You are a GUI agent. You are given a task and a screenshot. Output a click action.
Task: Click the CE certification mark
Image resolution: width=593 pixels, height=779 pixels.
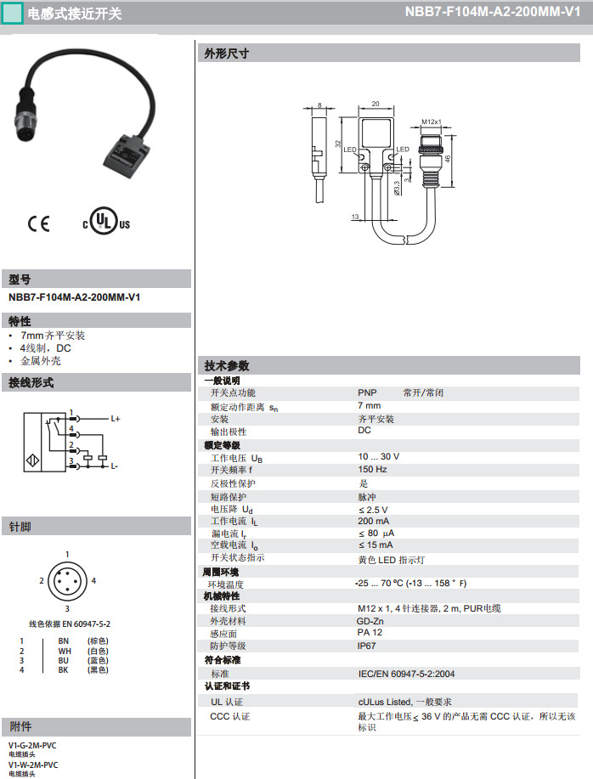[x=38, y=223]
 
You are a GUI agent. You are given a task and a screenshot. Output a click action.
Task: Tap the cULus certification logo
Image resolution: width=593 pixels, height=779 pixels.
[x=106, y=221]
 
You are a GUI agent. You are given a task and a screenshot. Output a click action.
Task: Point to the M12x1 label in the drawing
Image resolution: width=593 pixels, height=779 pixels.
[x=431, y=121]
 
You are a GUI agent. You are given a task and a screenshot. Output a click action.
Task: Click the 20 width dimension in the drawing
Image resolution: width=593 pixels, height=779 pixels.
[x=376, y=104]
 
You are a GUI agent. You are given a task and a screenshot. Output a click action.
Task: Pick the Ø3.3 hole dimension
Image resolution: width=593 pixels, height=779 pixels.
[x=397, y=189]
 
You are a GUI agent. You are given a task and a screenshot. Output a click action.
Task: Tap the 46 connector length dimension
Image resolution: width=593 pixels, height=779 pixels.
[x=448, y=159]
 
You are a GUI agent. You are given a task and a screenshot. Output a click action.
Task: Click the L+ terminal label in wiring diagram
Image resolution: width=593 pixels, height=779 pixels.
[x=116, y=419]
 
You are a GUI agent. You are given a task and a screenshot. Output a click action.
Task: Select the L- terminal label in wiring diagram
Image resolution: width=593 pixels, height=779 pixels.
[x=114, y=466]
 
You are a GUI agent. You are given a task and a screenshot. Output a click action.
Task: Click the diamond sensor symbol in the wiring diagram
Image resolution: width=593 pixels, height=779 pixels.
[x=33, y=460]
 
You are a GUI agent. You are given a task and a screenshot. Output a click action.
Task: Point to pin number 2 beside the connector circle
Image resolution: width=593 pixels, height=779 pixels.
[x=42, y=580]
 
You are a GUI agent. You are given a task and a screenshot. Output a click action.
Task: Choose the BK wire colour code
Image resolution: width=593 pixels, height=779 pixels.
[x=63, y=669]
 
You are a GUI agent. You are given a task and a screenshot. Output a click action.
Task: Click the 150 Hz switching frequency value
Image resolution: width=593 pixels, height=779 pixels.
[x=372, y=470]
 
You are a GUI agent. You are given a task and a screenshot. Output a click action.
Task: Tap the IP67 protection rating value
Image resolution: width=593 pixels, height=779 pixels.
[x=366, y=646]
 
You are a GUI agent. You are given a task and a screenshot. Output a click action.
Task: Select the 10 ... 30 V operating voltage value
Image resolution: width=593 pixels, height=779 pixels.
[x=378, y=456]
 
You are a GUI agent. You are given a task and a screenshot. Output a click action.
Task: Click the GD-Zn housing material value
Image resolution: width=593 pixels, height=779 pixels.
[x=370, y=621]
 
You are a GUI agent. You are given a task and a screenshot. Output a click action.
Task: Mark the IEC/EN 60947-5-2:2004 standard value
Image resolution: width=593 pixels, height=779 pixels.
[x=406, y=674]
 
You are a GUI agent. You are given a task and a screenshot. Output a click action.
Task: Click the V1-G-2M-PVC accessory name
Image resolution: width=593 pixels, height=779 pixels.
[x=32, y=745]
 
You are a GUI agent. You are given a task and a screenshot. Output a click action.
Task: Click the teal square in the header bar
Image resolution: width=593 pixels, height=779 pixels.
[x=13, y=13]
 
